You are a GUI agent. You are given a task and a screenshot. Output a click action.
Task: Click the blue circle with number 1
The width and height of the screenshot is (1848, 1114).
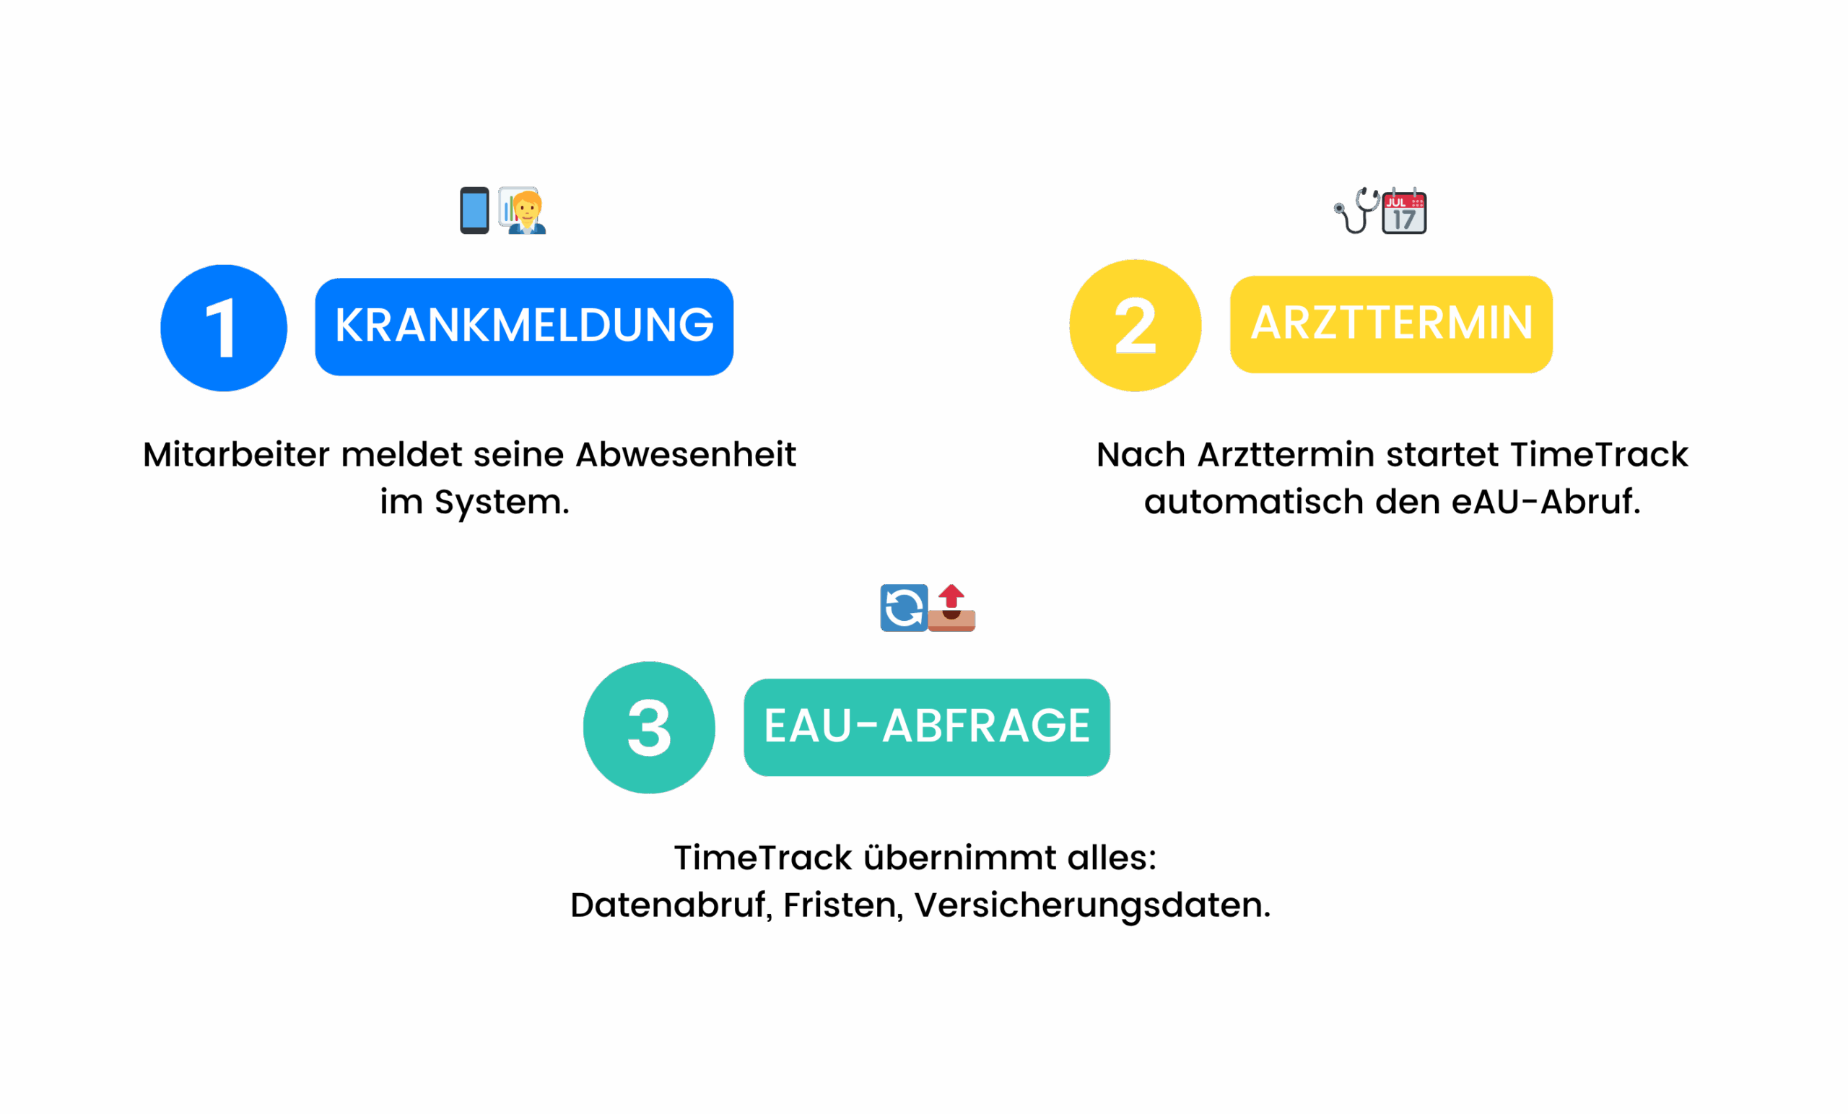[224, 328]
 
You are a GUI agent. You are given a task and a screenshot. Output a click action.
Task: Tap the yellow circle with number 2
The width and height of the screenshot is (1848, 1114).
[1135, 326]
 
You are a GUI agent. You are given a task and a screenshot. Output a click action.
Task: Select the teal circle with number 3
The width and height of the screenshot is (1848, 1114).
[649, 727]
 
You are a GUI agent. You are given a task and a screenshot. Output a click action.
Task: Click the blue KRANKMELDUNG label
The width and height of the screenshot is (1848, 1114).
[523, 327]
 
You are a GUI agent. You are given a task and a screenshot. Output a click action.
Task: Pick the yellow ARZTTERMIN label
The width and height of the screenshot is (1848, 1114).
[1390, 324]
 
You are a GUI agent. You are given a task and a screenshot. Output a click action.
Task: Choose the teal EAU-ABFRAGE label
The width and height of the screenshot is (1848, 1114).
[926, 727]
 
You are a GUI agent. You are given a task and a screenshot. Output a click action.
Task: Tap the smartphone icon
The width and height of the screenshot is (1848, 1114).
[474, 210]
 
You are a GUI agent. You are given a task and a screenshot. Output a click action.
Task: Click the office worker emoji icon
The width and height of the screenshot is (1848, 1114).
[523, 210]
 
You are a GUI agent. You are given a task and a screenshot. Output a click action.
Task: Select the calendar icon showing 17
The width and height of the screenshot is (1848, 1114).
[1404, 211]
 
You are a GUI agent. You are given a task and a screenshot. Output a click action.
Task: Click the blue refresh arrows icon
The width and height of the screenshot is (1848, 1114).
[903, 608]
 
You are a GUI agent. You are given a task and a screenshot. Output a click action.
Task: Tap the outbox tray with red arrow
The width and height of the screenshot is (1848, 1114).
[951, 608]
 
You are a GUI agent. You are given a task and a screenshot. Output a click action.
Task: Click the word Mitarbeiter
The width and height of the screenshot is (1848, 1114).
[236, 455]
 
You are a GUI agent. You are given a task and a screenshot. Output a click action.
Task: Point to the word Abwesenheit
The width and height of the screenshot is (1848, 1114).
[686, 455]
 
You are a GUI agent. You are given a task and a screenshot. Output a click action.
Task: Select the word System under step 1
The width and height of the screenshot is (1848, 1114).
[501, 502]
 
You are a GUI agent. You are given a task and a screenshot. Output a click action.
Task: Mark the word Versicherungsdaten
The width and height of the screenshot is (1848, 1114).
[1092, 905]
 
